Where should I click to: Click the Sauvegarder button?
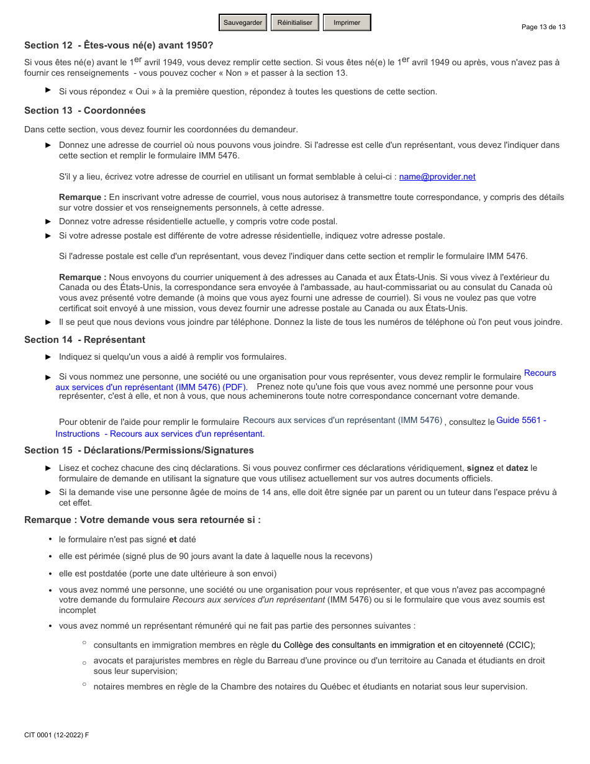coord(243,22)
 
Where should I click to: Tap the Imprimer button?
coord(347,22)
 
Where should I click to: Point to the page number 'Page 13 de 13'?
coord(543,27)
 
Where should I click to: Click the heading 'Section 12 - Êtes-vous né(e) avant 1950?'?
coord(119,45)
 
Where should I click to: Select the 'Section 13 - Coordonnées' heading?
coord(85,111)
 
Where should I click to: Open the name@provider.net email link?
coord(437,177)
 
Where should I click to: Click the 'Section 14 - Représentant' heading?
coord(85,340)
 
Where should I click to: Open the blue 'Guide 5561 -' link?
coord(521,421)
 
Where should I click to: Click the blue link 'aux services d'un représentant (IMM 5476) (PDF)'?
coord(152,387)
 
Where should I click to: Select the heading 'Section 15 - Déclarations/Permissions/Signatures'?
coord(139,450)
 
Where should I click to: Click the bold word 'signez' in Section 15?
coord(480,468)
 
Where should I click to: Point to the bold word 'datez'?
coord(517,468)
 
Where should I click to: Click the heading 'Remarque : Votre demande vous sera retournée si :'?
coord(142,520)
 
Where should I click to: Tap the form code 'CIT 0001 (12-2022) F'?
coord(57,735)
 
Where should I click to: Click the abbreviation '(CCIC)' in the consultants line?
coord(520,645)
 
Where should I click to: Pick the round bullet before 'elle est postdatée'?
coord(50,574)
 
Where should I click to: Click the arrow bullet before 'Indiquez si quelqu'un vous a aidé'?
coord(48,357)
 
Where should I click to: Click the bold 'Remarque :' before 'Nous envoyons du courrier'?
coord(83,278)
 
